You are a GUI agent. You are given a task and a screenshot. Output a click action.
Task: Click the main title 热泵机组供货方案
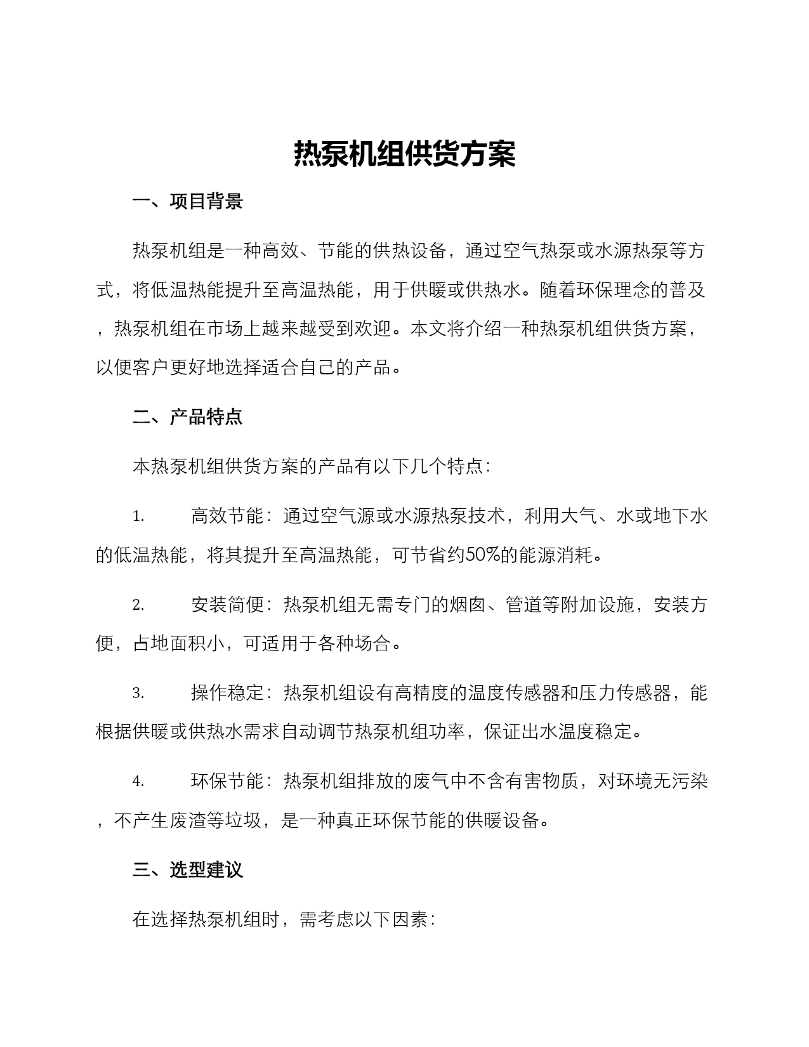[x=404, y=154]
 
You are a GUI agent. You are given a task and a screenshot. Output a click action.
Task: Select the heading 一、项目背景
[x=187, y=202]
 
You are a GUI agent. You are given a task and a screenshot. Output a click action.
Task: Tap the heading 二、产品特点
[x=187, y=417]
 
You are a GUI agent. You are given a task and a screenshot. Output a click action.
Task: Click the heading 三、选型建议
[x=187, y=869]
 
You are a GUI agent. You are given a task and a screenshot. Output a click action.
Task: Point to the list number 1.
[x=138, y=517]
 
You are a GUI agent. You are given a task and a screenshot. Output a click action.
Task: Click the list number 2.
[x=138, y=605]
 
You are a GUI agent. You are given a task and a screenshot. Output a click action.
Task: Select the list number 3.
[x=138, y=693]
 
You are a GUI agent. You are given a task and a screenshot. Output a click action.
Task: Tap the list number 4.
[x=138, y=781]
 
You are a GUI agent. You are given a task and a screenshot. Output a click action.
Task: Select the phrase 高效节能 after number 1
[x=227, y=516]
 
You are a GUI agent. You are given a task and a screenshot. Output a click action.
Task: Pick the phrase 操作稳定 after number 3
[x=227, y=692]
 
